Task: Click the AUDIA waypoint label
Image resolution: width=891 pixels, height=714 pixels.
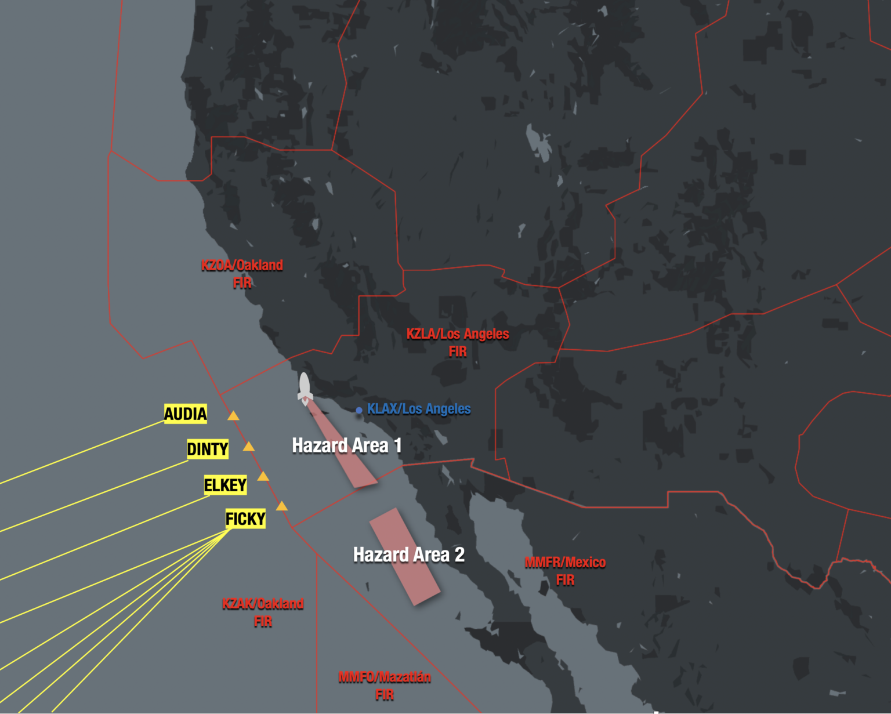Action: (186, 414)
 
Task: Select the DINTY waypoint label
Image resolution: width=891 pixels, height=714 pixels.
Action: (208, 449)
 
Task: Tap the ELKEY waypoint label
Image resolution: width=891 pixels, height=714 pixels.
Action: (225, 485)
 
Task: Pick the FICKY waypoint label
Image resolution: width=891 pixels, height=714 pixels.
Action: (245, 519)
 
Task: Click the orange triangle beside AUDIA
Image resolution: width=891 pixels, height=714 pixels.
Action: (233, 416)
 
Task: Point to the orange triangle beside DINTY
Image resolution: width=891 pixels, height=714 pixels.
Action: (249, 447)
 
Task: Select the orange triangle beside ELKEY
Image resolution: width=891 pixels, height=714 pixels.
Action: (263, 477)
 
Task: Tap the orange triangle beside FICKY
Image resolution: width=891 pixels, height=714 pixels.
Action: (282, 506)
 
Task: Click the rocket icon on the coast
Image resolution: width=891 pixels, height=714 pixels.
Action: (305, 388)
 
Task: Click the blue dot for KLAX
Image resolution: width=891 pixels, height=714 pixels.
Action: (359, 410)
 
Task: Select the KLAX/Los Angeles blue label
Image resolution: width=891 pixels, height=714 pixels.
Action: (419, 409)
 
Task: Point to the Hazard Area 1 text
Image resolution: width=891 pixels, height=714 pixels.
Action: (347, 445)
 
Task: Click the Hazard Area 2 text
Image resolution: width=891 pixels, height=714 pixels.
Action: (409, 554)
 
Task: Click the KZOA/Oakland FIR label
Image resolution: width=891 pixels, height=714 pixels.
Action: (242, 274)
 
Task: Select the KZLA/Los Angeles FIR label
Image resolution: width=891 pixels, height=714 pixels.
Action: (458, 342)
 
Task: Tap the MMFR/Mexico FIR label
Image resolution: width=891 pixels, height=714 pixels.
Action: (565, 571)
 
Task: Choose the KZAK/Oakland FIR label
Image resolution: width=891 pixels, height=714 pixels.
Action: (263, 612)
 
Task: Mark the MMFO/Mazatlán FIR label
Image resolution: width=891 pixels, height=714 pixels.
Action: (385, 686)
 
